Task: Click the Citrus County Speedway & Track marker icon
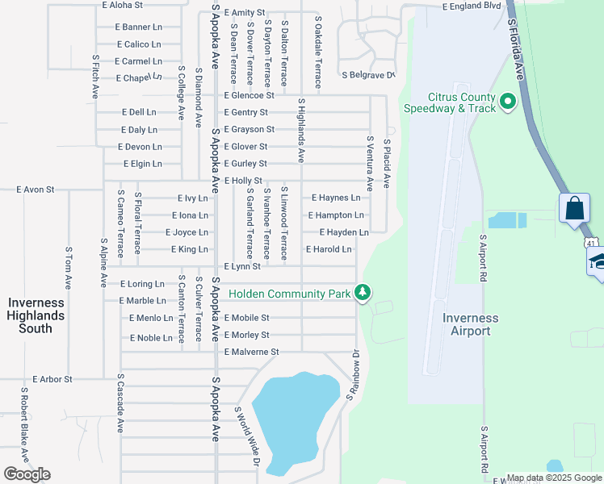click(508, 102)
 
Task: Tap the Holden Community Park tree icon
click(363, 292)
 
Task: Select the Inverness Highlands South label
click(36, 315)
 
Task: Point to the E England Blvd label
click(472, 6)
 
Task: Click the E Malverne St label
click(251, 353)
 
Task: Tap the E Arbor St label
click(52, 379)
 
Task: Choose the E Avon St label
click(36, 190)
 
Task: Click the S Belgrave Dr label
click(368, 76)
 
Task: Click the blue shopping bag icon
click(574, 208)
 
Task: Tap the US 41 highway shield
click(592, 242)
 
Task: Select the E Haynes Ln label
click(336, 198)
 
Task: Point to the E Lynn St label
click(241, 267)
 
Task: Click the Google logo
click(27, 474)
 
